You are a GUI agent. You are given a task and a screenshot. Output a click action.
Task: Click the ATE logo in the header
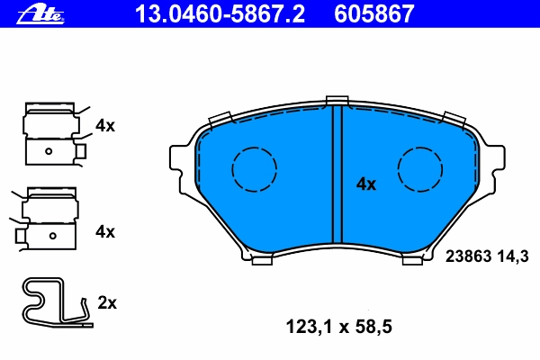pos(40,15)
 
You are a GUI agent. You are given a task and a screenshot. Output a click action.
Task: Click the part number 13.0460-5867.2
pos(220,14)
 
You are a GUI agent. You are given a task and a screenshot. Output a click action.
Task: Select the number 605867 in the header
pos(374,14)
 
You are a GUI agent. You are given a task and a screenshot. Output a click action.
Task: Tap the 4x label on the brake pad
pos(366,184)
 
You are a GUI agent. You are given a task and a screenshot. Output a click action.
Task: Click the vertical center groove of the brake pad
pos(337,175)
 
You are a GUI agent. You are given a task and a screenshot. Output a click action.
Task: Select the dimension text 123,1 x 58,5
pos(339,327)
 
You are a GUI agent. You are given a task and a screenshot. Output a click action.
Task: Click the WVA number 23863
pos(468,256)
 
